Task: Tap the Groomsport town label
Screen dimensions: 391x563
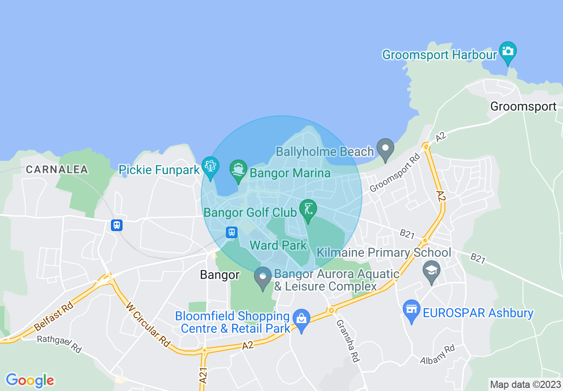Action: pyautogui.click(x=523, y=107)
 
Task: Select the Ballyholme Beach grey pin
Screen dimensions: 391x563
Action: pyautogui.click(x=385, y=149)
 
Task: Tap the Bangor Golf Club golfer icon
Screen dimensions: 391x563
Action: pyautogui.click(x=307, y=208)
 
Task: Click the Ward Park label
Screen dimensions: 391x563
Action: pyautogui.click(x=278, y=245)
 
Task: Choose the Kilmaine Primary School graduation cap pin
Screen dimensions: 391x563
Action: pyautogui.click(x=431, y=271)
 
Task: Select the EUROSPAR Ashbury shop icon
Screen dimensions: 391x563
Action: pyautogui.click(x=412, y=309)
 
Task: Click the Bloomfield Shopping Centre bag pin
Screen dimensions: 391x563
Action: pyautogui.click(x=302, y=319)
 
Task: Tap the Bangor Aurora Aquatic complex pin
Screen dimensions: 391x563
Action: pyautogui.click(x=263, y=277)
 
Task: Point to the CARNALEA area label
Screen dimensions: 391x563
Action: pyautogui.click(x=57, y=169)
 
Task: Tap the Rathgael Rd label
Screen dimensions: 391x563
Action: pyautogui.click(x=59, y=344)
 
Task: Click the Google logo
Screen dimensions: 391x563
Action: pyautogui.click(x=30, y=380)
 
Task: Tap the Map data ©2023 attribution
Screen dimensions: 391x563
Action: pyautogui.click(x=525, y=384)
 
